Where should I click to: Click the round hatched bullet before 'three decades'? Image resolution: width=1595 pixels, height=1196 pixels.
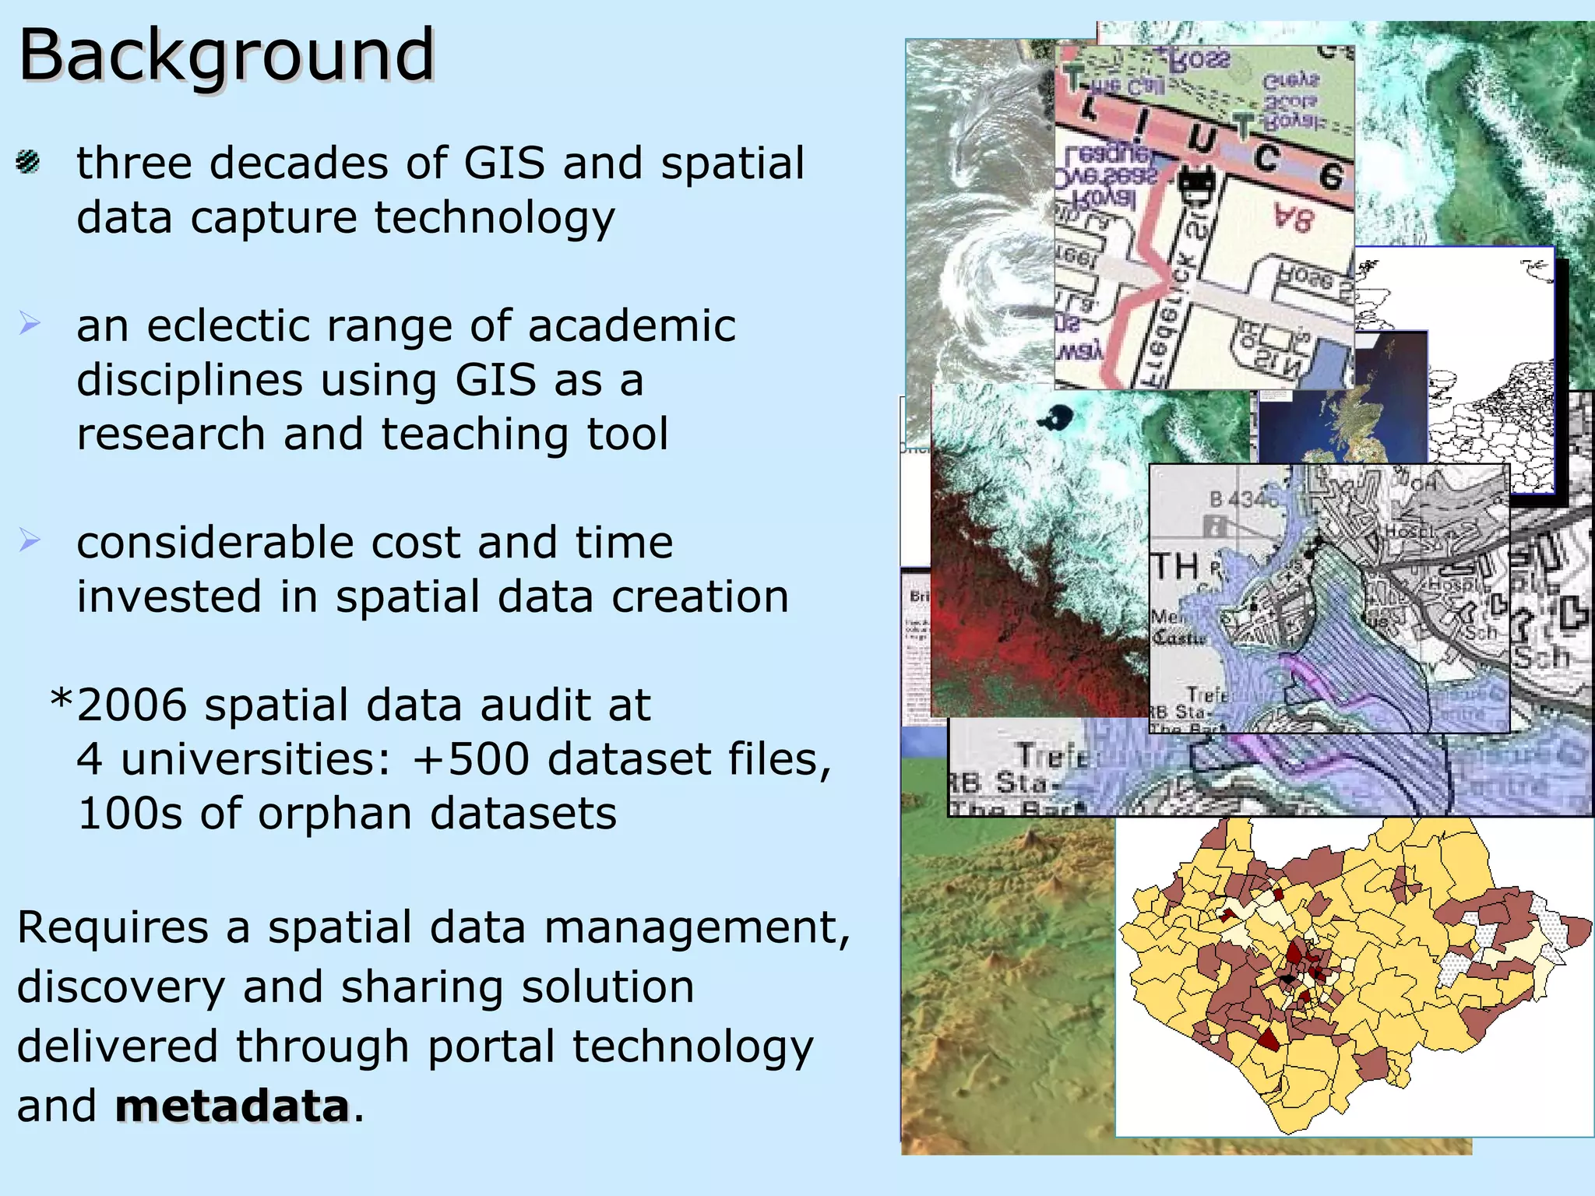28,162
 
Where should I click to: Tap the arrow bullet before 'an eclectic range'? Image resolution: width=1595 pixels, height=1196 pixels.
30,322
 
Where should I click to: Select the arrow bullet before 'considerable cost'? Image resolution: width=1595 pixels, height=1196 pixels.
30,539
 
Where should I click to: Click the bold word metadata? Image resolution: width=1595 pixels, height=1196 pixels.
232,1106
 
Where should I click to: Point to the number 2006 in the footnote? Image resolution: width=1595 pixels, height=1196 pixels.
132,705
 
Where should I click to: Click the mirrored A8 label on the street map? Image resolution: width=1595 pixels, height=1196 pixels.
1294,219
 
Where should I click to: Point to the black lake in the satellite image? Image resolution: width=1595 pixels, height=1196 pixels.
1055,417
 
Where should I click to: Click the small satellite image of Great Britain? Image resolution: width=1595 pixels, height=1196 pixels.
1343,420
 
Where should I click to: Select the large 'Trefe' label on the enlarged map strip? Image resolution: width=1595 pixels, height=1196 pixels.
1051,755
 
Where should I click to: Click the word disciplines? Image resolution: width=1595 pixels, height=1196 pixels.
189,380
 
